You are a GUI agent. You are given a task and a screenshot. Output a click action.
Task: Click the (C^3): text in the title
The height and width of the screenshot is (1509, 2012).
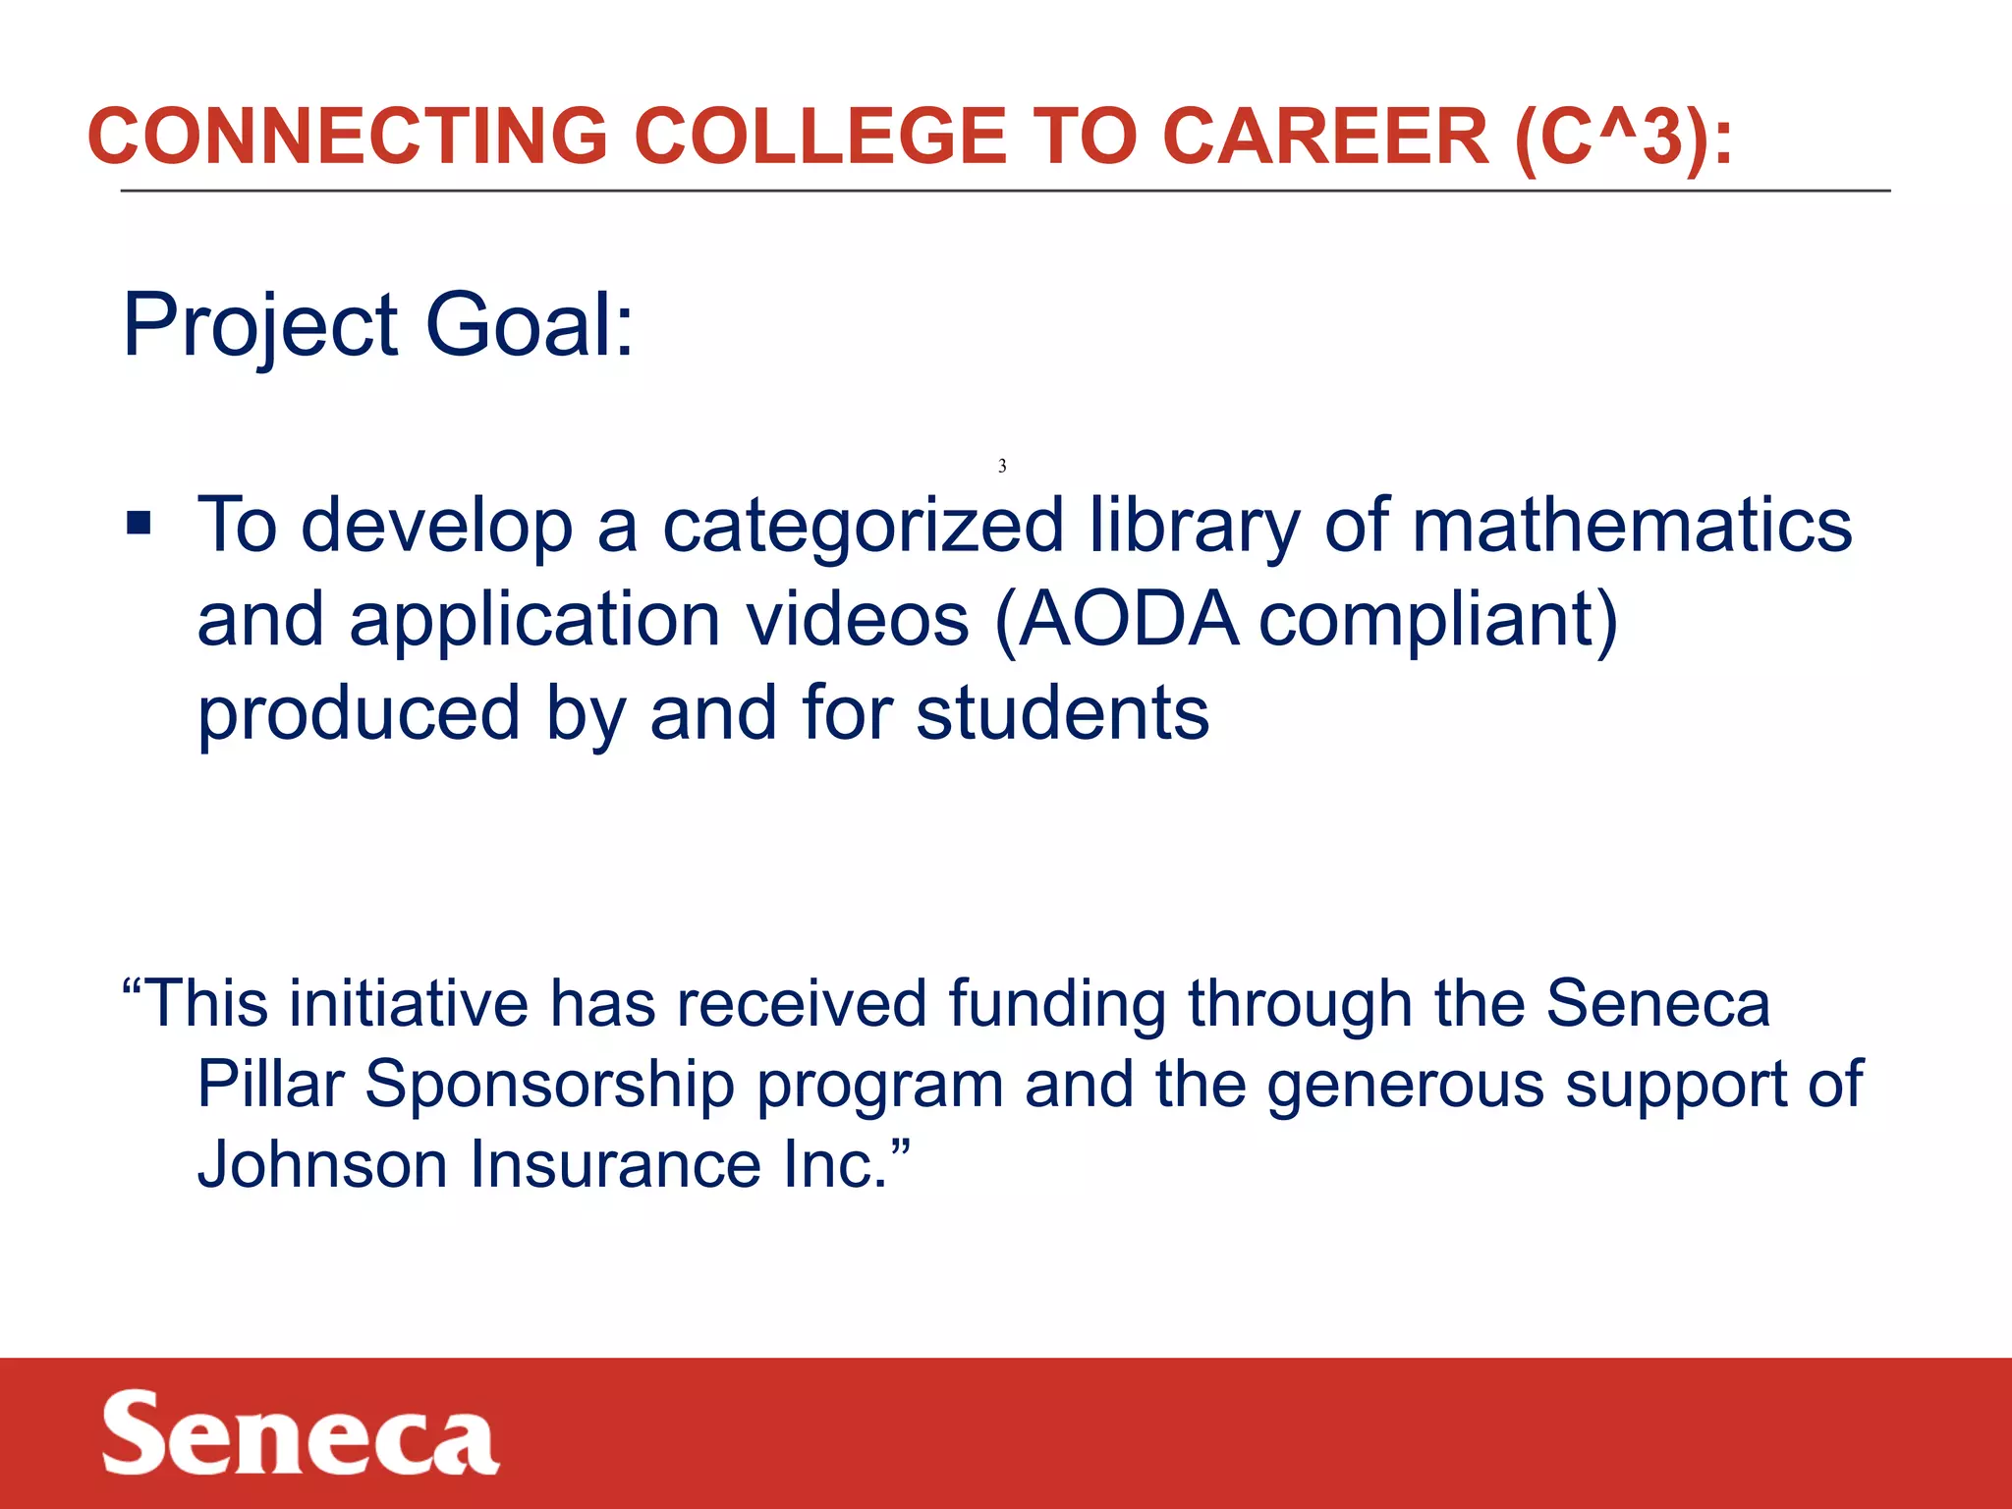[x=1623, y=138]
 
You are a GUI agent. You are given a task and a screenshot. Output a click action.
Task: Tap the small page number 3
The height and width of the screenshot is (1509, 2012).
[x=1002, y=466]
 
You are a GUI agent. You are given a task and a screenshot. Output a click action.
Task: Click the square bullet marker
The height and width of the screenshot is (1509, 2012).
[x=139, y=523]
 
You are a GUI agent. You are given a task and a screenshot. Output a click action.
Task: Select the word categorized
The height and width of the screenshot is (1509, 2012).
[x=863, y=527]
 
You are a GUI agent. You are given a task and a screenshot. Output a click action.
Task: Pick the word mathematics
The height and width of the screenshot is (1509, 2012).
[x=1632, y=525]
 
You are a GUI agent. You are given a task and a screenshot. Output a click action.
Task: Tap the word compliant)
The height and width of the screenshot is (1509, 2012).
[x=1437, y=621]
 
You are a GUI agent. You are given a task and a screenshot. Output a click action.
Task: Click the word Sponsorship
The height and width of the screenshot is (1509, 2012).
[x=550, y=1086]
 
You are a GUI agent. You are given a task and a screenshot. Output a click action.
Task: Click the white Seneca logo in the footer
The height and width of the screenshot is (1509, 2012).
[x=300, y=1433]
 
